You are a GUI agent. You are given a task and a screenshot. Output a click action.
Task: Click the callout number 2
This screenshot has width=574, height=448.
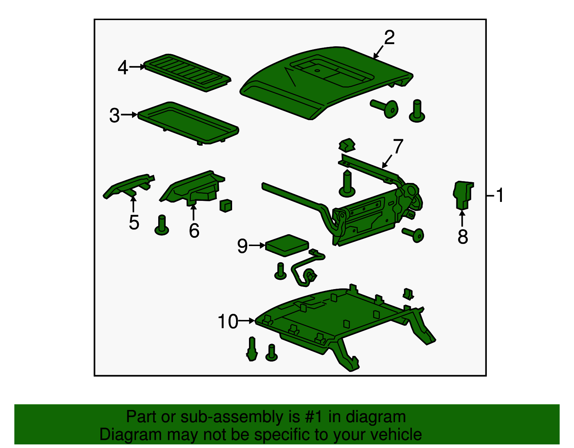click(x=389, y=38)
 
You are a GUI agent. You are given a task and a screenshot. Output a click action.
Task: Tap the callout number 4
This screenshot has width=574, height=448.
click(x=123, y=67)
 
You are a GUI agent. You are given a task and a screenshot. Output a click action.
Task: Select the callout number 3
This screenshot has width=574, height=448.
click(x=115, y=115)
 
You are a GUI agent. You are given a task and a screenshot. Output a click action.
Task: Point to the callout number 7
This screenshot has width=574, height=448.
click(x=398, y=146)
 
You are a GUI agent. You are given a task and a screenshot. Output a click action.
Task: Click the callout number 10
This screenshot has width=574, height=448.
click(x=228, y=321)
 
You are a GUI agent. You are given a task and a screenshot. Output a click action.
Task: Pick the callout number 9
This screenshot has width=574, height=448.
click(x=243, y=246)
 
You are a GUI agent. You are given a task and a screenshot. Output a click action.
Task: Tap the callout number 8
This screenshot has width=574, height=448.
click(x=462, y=236)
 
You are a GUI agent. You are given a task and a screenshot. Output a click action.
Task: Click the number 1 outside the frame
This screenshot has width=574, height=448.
click(x=499, y=195)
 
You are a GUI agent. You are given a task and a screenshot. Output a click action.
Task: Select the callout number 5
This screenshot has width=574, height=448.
click(x=134, y=222)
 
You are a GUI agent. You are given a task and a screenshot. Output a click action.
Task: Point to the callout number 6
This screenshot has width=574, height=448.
click(x=194, y=231)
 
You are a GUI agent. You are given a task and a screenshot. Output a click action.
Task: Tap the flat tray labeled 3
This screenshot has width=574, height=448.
click(x=188, y=123)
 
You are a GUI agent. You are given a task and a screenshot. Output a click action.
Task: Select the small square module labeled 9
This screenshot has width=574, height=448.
click(x=287, y=245)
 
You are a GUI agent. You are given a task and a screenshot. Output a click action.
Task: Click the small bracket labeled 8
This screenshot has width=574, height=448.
click(x=463, y=195)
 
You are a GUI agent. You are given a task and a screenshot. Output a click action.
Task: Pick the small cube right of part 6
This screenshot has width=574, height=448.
click(x=226, y=206)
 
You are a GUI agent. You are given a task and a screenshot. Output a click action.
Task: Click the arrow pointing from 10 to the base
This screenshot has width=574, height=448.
click(x=246, y=321)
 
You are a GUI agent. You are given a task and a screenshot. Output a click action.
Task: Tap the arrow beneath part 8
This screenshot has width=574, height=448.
click(x=462, y=218)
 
